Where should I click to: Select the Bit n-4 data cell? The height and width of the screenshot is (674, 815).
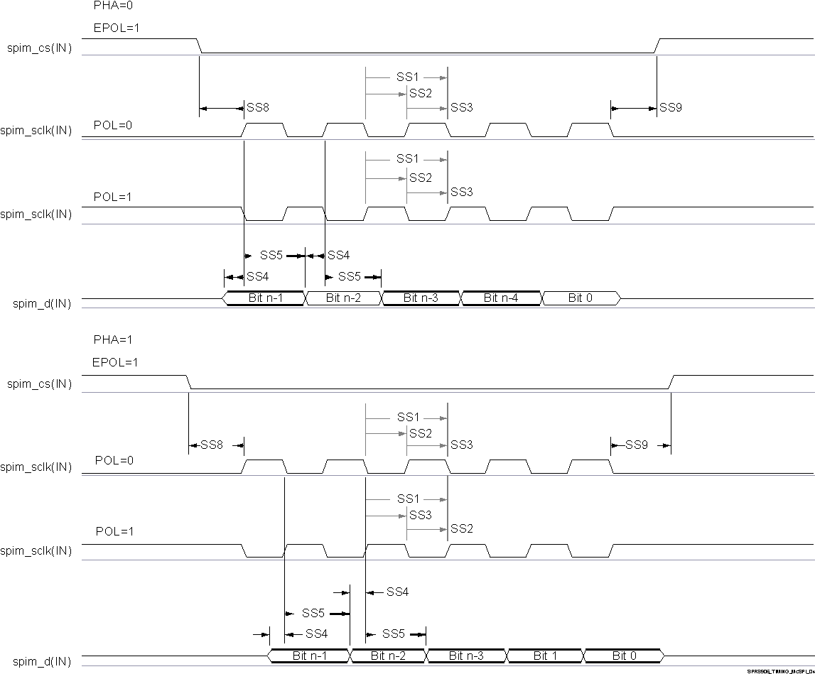click(x=501, y=298)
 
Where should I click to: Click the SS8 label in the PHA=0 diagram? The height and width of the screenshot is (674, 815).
click(x=257, y=108)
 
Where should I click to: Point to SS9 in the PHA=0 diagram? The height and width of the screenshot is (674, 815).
click(x=671, y=108)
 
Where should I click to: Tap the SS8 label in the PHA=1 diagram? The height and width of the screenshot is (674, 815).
click(x=212, y=445)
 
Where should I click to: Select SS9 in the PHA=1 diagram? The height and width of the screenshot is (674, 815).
click(x=637, y=445)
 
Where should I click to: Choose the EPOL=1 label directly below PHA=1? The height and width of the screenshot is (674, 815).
click(x=115, y=362)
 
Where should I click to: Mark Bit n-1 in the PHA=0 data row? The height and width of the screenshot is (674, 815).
click(x=266, y=298)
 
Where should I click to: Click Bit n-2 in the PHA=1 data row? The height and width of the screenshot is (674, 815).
click(x=388, y=656)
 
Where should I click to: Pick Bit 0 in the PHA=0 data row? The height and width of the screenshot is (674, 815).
click(x=581, y=298)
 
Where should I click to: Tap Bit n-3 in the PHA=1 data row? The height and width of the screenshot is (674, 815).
click(x=466, y=656)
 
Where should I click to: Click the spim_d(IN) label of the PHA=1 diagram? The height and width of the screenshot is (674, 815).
click(x=43, y=661)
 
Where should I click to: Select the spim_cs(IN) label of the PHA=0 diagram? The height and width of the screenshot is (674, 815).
click(x=40, y=49)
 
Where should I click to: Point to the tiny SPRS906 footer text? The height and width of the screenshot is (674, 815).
click(x=779, y=670)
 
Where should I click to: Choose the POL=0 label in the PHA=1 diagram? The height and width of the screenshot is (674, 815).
click(x=114, y=460)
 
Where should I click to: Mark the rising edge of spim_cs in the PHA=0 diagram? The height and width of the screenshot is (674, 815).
click(x=658, y=45)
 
